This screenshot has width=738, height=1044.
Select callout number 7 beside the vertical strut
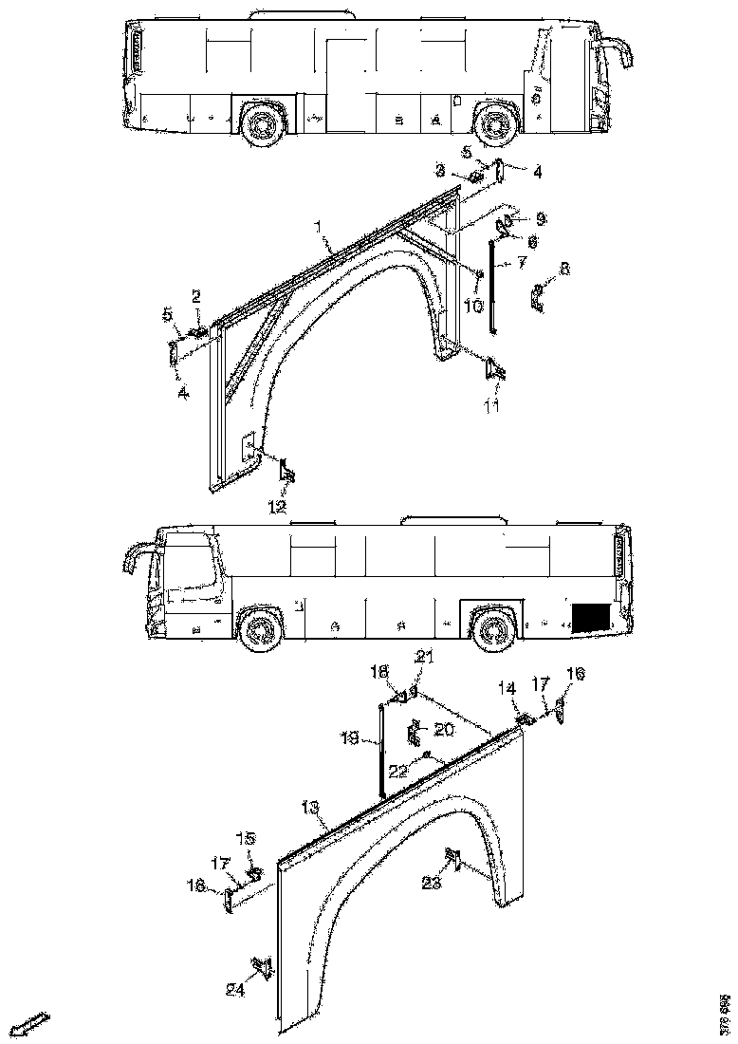pos(521,261)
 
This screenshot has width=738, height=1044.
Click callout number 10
pos(473,305)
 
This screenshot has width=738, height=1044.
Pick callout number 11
pos(492,406)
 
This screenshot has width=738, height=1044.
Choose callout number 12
pos(276,507)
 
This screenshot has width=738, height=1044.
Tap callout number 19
pos(349,736)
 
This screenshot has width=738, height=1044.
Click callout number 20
pos(443,729)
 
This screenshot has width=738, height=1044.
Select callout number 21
pos(424,657)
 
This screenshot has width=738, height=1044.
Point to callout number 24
pos(235,990)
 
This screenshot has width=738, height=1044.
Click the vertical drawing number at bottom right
pos(725,1014)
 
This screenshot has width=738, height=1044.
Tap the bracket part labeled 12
pos(286,469)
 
